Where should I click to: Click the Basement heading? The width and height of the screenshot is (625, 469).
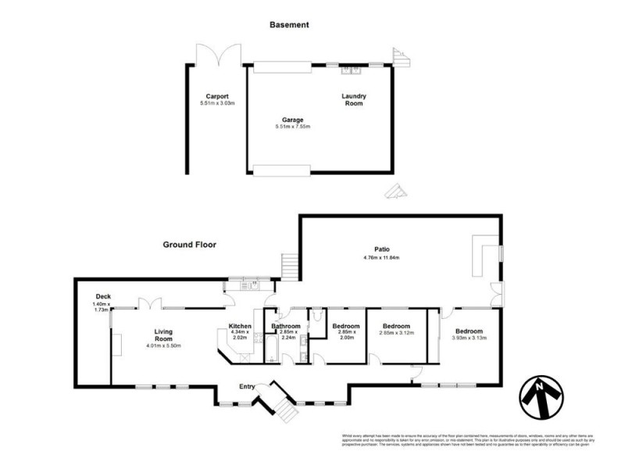(289, 25)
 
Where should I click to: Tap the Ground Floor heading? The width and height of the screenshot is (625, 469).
(189, 245)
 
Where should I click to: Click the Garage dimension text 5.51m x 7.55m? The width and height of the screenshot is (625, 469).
(293, 127)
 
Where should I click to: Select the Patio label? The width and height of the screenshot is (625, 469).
(381, 249)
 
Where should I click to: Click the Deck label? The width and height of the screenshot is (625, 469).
(102, 296)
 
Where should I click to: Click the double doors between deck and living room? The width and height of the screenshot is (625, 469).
(148, 304)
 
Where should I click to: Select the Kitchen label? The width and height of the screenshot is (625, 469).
(240, 326)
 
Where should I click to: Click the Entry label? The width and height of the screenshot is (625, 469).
(247, 385)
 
